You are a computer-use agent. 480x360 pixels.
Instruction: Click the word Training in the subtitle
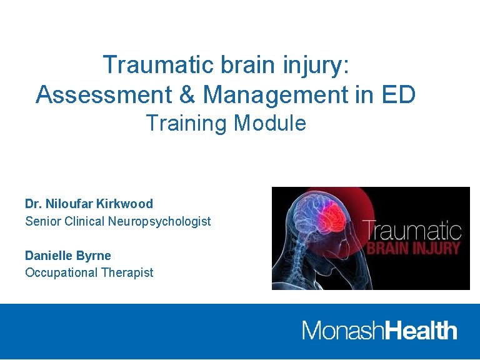point(187,123)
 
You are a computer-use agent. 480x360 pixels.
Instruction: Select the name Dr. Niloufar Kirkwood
point(89,204)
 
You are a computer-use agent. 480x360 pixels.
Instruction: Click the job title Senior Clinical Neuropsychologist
point(117,221)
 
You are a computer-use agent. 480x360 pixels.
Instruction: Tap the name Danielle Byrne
point(67,256)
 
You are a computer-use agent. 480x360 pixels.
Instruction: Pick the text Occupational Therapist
point(89,272)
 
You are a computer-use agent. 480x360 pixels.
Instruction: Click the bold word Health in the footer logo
point(421,330)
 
